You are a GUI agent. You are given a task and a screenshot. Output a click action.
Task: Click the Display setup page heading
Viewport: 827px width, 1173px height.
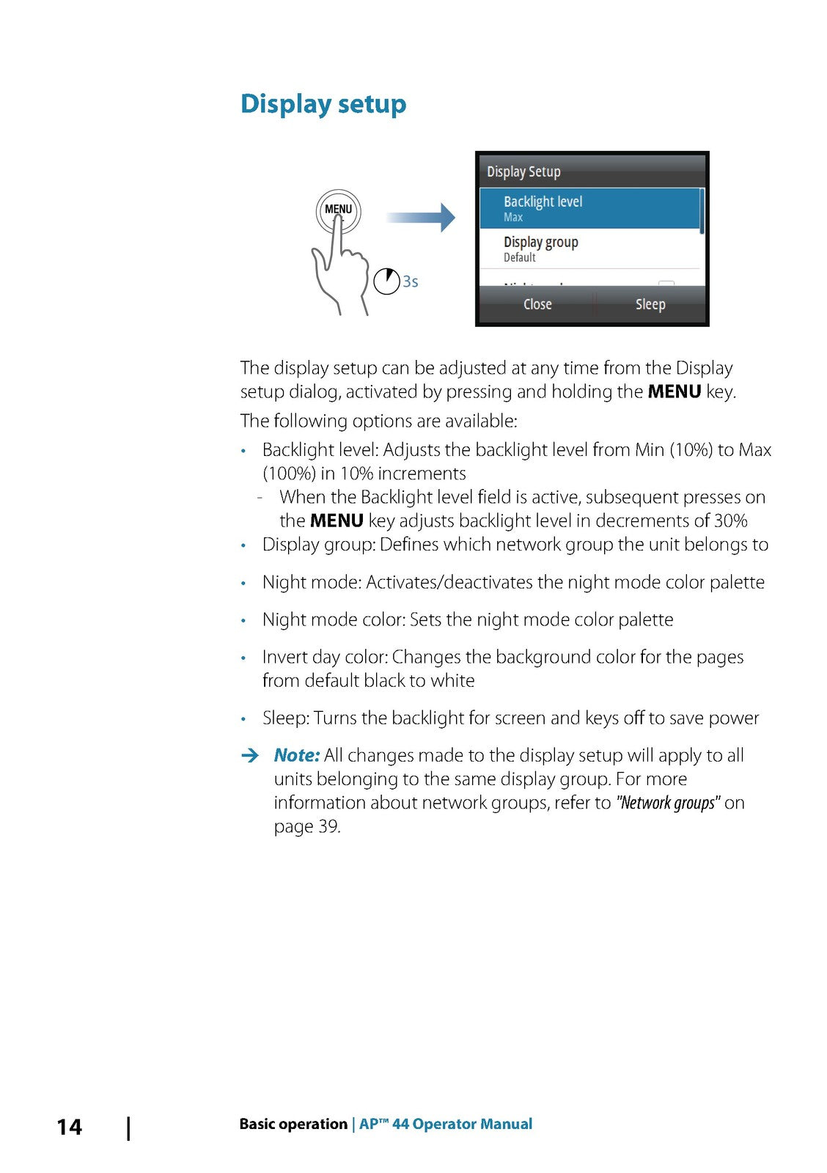pos(323,104)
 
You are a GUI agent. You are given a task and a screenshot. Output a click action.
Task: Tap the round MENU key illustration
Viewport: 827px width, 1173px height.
pos(338,211)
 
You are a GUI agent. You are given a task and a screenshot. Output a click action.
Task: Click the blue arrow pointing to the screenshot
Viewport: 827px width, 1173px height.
pos(421,217)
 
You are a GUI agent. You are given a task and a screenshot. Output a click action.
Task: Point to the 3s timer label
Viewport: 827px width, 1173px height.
pos(411,282)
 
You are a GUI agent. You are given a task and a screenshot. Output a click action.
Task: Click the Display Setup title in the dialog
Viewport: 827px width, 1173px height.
pos(523,172)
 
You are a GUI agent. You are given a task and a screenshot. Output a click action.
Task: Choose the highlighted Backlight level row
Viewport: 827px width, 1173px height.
pos(591,208)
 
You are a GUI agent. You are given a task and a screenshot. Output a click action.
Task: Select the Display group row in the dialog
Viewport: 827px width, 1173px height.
pos(591,249)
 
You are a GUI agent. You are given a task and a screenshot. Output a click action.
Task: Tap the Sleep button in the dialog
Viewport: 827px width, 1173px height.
pos(650,304)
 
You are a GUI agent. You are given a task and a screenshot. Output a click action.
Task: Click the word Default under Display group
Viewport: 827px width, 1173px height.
pos(519,258)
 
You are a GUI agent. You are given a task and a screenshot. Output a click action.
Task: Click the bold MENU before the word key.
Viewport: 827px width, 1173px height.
pos(674,391)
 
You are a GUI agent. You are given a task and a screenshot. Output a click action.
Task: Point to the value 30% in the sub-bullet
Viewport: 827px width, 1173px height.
pos(730,521)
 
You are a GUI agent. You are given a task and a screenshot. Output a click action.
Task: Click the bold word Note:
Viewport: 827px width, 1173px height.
pos(297,755)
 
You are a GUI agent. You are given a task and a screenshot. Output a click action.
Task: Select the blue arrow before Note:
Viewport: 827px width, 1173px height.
pos(250,755)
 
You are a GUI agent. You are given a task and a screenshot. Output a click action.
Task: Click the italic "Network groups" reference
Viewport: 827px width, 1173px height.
pos(667,803)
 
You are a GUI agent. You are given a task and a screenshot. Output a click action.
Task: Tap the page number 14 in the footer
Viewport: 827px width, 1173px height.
pos(70,1127)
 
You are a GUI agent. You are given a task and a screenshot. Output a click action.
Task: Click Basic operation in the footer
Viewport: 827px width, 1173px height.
pos(293,1124)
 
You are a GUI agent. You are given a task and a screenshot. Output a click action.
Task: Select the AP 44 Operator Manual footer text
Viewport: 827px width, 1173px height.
pos(446,1124)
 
